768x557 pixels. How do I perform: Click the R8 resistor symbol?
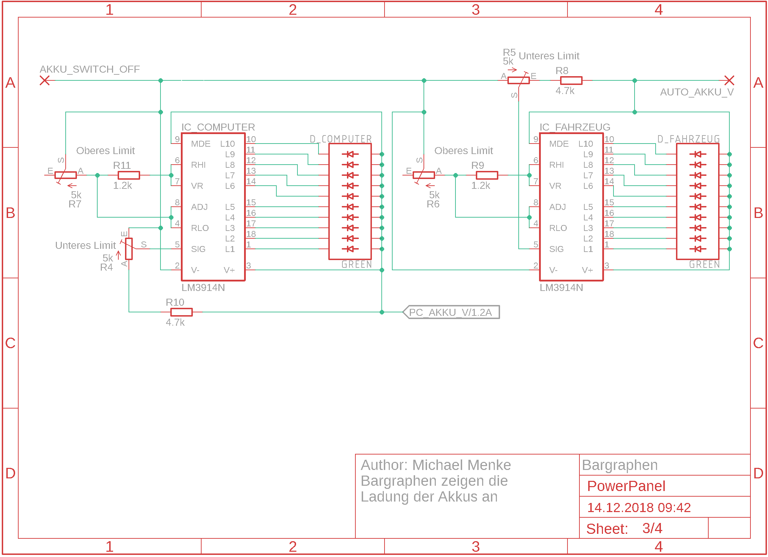click(x=571, y=81)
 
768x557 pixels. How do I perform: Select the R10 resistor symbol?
click(x=181, y=312)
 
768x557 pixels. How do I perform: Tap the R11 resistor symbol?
click(x=129, y=175)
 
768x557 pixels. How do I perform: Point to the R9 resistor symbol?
click(x=487, y=175)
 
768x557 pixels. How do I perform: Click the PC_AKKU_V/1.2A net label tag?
click(x=451, y=312)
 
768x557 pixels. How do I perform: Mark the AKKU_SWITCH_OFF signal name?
click(x=90, y=69)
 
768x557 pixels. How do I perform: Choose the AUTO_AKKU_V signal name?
click(x=697, y=92)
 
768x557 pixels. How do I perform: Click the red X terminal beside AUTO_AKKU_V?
click(x=729, y=80)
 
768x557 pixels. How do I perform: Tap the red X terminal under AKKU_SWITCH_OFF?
click(x=45, y=80)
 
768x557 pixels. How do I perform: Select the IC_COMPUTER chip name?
click(x=218, y=127)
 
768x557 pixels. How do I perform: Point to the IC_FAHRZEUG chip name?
click(x=575, y=127)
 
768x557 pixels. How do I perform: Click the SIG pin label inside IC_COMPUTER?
click(x=198, y=249)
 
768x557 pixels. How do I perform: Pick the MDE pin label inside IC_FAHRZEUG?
click(x=559, y=144)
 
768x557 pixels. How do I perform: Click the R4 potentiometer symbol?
click(x=129, y=249)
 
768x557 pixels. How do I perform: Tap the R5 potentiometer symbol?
click(x=518, y=80)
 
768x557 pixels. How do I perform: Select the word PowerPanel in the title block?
click(x=626, y=486)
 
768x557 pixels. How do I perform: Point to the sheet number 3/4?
click(x=652, y=528)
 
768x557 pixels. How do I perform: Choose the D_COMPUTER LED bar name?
click(x=341, y=139)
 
